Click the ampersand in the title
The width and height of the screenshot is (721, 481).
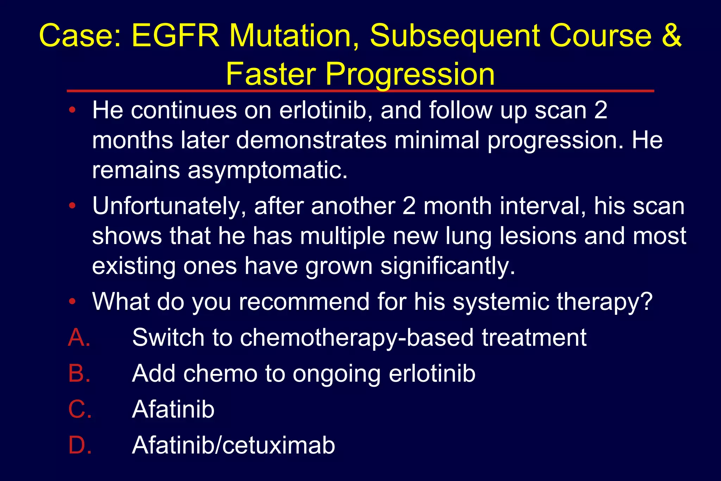click(x=671, y=36)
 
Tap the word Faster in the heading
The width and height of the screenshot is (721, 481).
click(x=271, y=74)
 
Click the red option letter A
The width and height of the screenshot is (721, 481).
click(x=79, y=337)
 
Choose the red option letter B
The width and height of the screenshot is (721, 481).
click(x=79, y=373)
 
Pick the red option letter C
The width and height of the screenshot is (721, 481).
click(x=80, y=409)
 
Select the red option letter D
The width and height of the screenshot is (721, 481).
click(x=80, y=445)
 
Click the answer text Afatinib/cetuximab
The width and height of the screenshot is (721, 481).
click(x=233, y=445)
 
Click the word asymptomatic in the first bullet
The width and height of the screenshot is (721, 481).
click(x=268, y=170)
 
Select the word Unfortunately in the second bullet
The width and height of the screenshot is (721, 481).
click(x=169, y=206)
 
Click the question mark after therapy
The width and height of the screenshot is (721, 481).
click(x=646, y=302)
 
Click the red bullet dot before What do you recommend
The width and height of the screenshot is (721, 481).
click(x=73, y=301)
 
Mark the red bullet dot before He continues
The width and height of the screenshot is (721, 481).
click(x=73, y=110)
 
